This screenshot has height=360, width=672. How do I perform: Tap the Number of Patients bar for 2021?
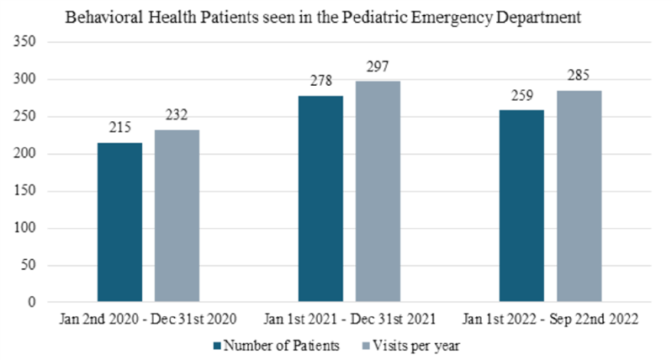coord(320,199)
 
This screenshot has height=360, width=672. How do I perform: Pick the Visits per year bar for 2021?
coord(378,192)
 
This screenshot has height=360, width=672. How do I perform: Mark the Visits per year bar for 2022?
coord(579,196)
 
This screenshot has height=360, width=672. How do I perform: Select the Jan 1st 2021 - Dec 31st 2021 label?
coord(349,320)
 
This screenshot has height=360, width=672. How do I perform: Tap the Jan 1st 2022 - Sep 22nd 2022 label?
coord(551,320)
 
